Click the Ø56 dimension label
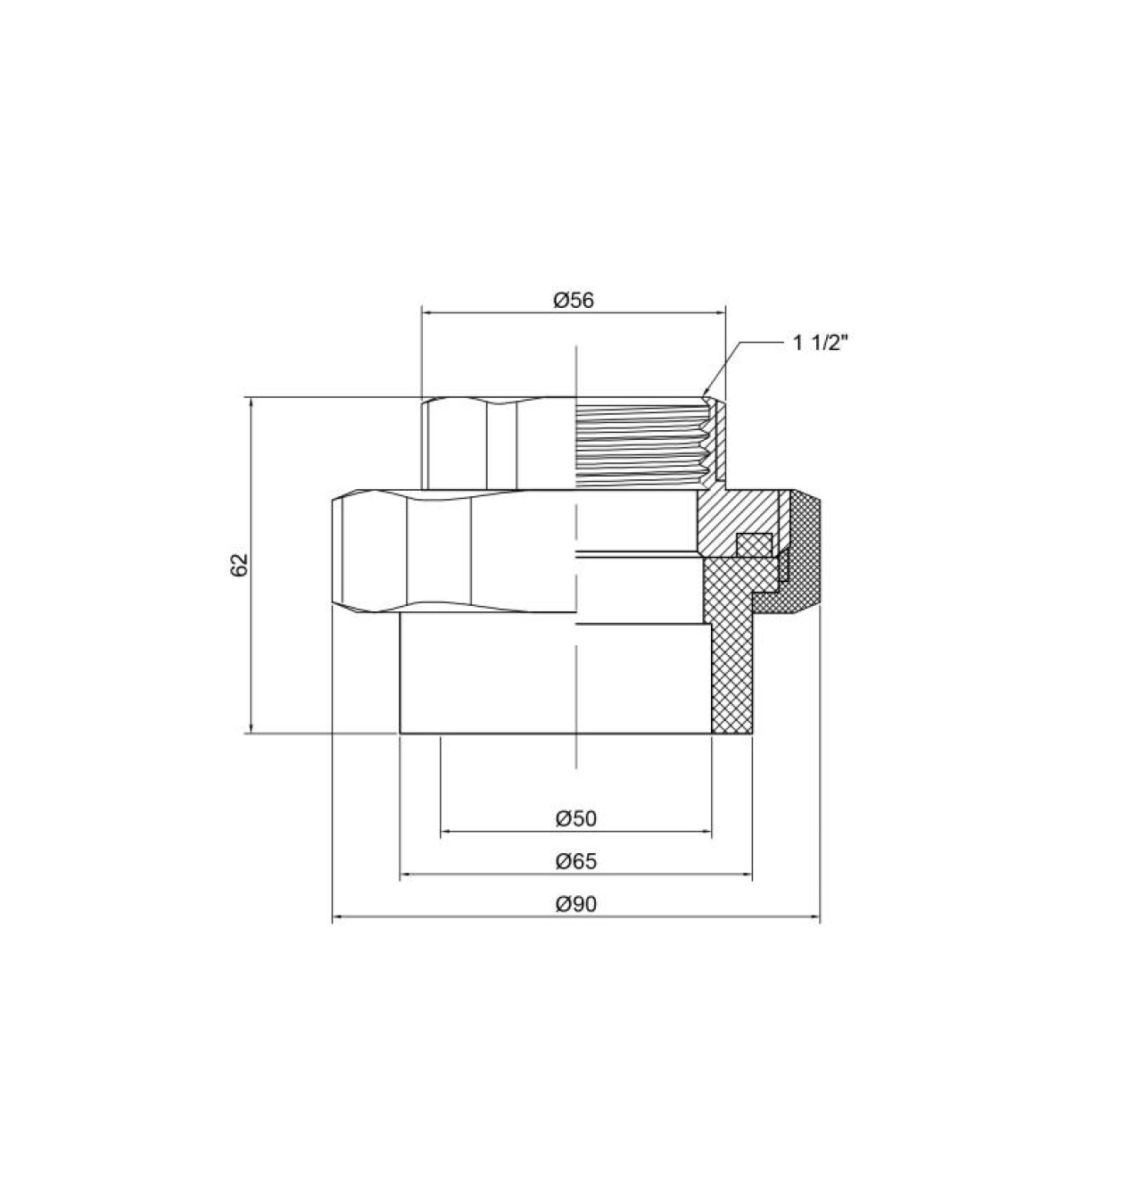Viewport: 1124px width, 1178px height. pyautogui.click(x=574, y=300)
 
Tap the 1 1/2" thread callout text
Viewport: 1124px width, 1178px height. pyautogui.click(x=820, y=344)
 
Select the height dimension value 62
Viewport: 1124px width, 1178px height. pyautogui.click(x=238, y=564)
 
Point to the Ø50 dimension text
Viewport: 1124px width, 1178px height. pyautogui.click(x=575, y=817)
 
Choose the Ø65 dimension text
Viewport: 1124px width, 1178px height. pyautogui.click(x=575, y=861)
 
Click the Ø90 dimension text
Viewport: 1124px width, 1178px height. pyautogui.click(x=575, y=903)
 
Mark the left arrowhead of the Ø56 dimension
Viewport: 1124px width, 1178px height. pyautogui.click(x=426, y=312)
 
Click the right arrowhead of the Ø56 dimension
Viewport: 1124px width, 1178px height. pyautogui.click(x=720, y=312)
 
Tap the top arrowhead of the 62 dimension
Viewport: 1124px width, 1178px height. pyautogui.click(x=251, y=402)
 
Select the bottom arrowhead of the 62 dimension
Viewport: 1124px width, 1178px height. pyautogui.click(x=251, y=726)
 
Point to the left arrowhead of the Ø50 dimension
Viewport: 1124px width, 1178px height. pyautogui.click(x=446, y=832)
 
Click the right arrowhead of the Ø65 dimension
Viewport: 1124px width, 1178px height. pyautogui.click(x=747, y=875)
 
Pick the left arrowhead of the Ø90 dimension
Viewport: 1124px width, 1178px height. pyautogui.click(x=338, y=917)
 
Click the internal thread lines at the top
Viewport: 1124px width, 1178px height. pyautogui.click(x=642, y=444)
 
